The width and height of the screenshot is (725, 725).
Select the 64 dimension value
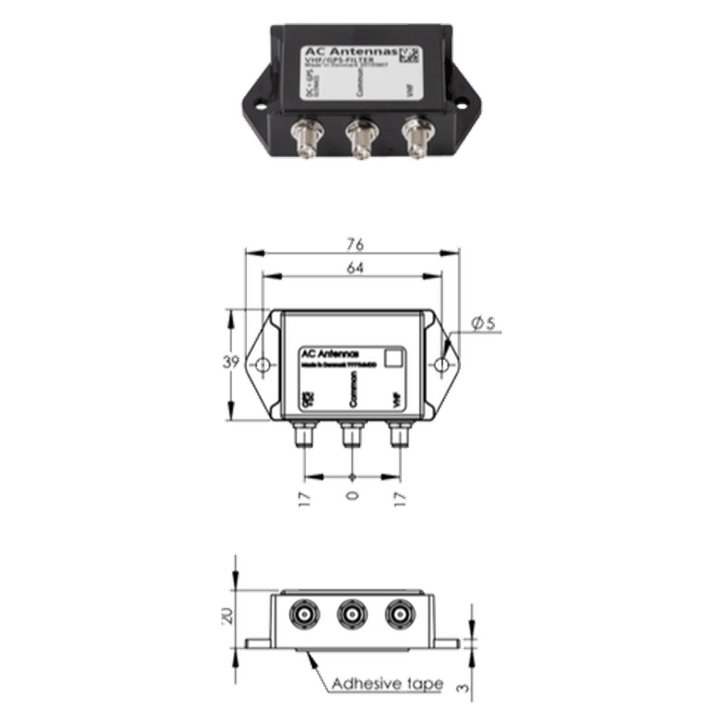[352, 268]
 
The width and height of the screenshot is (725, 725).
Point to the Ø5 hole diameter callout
[484, 324]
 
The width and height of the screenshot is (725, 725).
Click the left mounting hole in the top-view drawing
[263, 365]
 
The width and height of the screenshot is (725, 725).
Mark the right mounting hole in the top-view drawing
[441, 365]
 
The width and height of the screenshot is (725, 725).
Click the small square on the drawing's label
[394, 358]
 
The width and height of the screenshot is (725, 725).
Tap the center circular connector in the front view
[350, 615]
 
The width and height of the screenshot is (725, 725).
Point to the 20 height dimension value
[228, 616]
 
